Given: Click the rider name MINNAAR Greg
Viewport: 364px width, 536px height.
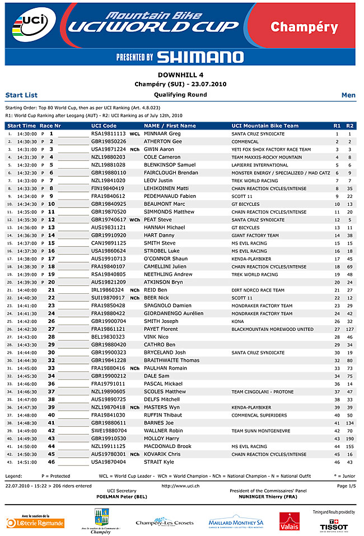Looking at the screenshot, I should click(162, 134).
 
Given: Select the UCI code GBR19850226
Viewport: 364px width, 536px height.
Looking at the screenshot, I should click(108, 142).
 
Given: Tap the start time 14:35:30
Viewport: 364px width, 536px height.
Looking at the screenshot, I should click(26, 220).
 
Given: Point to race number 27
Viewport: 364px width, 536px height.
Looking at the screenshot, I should click(51, 329).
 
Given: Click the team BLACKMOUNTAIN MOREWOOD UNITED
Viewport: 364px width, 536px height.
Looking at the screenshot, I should click(272, 329).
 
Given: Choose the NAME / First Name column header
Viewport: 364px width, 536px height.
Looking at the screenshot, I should click(170, 126).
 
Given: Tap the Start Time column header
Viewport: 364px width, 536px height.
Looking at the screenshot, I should click(21, 126).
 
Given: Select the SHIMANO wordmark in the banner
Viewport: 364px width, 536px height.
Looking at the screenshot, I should click(200, 57).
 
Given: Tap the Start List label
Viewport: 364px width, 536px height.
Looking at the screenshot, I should click(21, 95).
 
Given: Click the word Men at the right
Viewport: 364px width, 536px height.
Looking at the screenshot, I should click(348, 95).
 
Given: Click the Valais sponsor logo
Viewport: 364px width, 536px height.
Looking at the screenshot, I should click(290, 521).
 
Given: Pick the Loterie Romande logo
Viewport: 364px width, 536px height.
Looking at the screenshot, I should click(35, 523).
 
